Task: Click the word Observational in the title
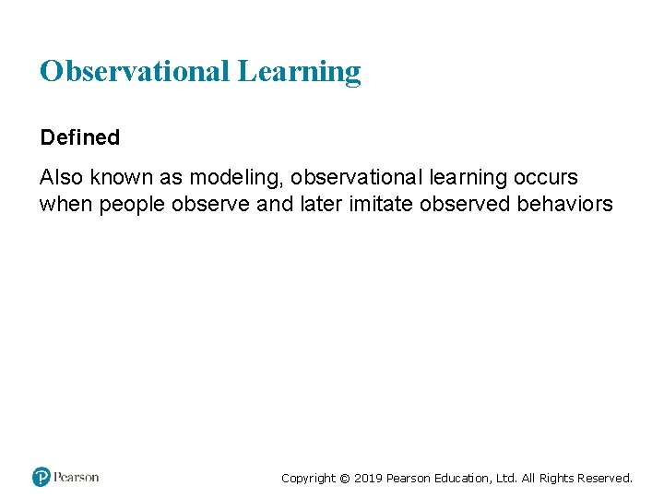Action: point(135,71)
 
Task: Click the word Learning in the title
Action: point(299,72)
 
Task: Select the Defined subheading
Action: point(79,137)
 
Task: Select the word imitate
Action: point(379,204)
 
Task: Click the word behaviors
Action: point(563,204)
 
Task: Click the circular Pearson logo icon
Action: point(41,477)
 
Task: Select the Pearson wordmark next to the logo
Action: point(76,477)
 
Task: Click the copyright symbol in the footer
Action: point(345,479)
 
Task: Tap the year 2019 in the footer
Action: point(368,479)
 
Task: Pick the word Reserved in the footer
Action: point(605,479)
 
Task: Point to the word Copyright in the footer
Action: point(309,479)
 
